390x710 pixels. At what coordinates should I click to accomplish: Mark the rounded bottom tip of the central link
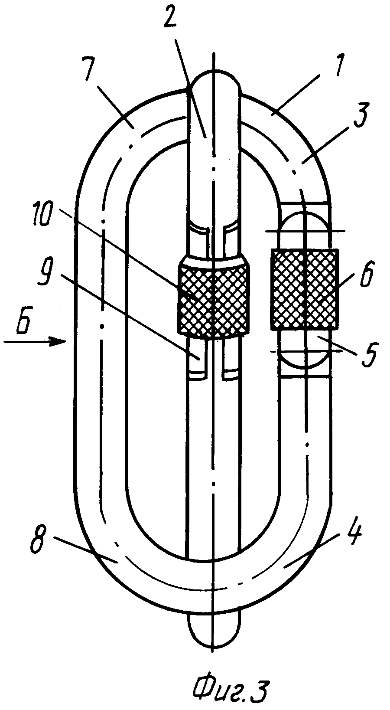[213, 633]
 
